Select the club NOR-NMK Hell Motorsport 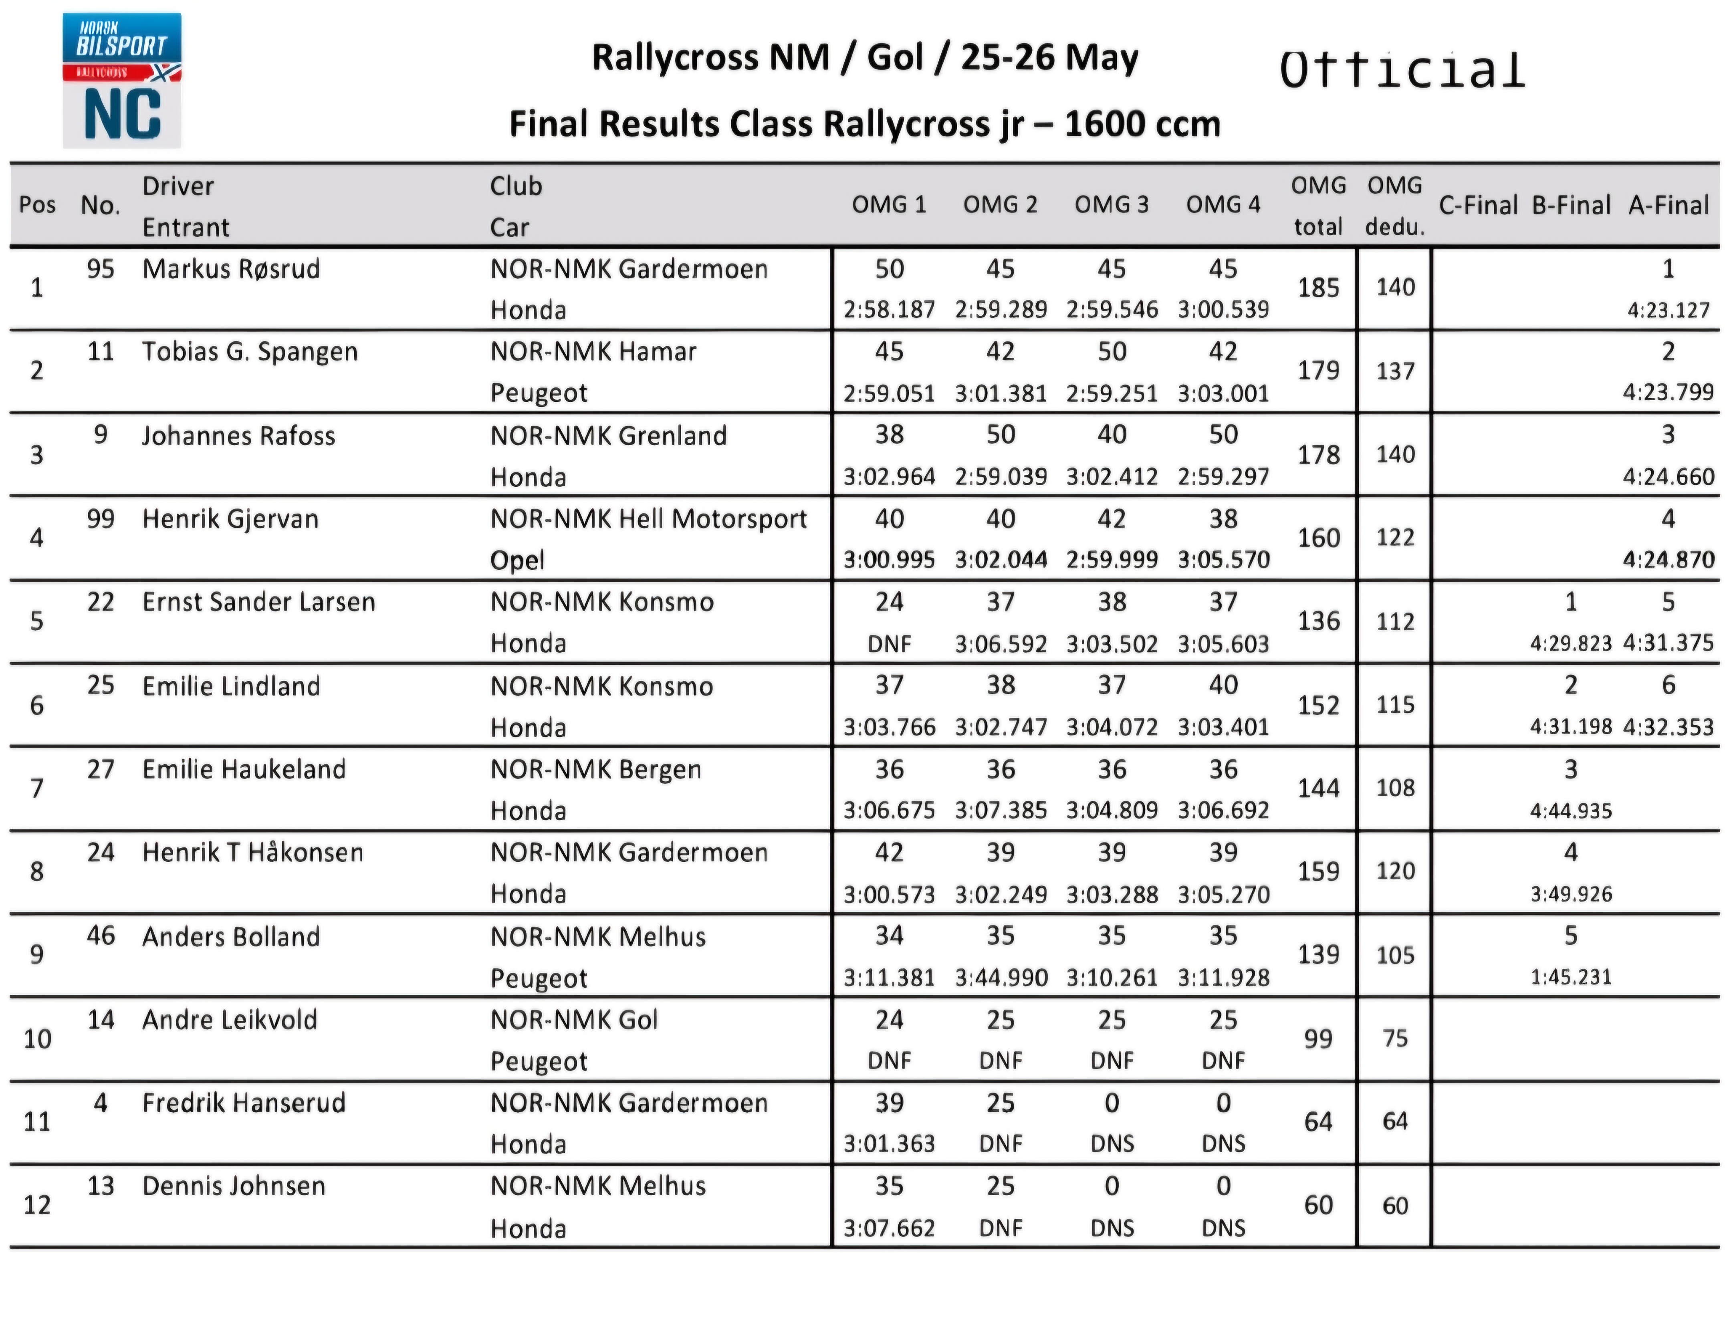648,519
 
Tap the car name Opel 517,560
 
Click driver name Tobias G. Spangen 250,352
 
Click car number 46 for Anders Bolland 101,936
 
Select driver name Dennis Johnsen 234,1186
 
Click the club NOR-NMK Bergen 595,769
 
